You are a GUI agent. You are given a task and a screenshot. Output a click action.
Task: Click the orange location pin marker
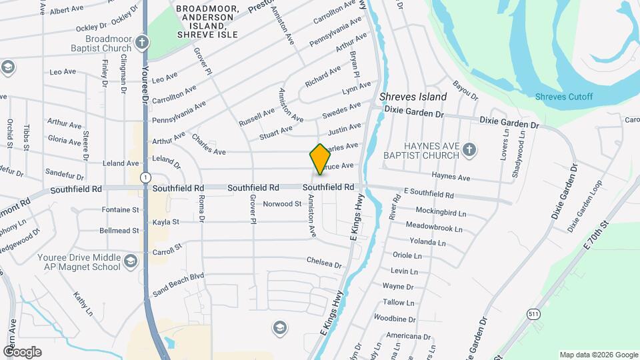(320, 159)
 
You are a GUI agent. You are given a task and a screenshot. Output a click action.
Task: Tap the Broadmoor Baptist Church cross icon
(141, 43)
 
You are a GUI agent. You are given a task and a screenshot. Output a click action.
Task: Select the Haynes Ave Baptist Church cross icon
(469, 149)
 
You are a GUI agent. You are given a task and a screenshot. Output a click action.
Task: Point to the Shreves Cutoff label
(563, 97)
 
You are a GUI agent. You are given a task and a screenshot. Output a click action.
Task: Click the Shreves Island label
(413, 97)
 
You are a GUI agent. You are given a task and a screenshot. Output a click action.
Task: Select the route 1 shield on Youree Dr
(145, 177)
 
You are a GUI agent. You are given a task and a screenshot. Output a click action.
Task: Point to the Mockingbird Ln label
(437, 213)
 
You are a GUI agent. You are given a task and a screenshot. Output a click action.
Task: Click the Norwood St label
(282, 203)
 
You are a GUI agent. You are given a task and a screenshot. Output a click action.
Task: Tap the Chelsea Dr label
(324, 263)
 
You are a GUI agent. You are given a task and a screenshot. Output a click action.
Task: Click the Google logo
(22, 351)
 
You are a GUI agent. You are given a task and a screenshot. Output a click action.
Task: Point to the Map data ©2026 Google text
(597, 354)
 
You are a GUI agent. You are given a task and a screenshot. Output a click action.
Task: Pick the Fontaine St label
(121, 209)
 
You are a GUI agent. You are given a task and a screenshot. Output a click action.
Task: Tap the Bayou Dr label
(465, 89)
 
